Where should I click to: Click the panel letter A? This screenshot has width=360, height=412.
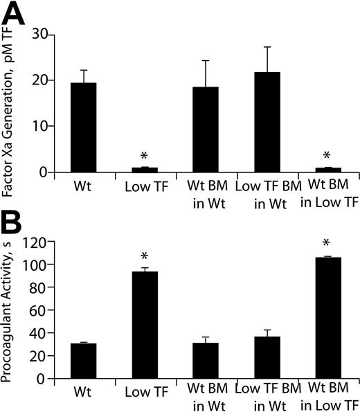point(15,14)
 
